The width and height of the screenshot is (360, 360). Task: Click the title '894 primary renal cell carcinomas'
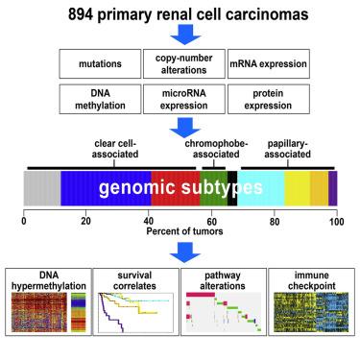click(180, 14)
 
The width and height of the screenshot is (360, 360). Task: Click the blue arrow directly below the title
click(180, 38)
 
